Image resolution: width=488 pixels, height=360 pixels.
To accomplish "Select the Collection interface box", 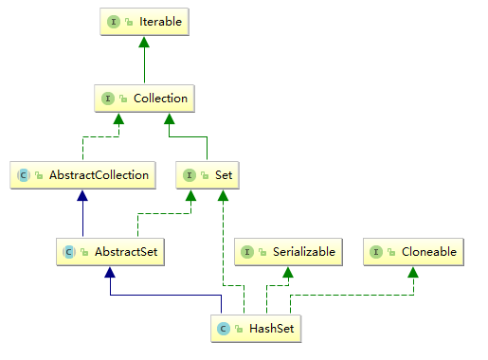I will coord(144,98).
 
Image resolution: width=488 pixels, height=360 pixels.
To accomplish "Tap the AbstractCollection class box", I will coord(83,174).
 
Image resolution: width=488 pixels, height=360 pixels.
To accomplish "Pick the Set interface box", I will coord(206,174).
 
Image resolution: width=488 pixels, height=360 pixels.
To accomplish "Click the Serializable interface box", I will coord(286,252).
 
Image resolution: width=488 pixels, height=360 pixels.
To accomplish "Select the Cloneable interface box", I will coord(414,252).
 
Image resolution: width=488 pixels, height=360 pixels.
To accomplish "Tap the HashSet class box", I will coord(256,329).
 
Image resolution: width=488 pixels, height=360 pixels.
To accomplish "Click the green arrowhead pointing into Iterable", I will coord(144,42).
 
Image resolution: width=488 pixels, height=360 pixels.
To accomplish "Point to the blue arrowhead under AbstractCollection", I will coord(83,194).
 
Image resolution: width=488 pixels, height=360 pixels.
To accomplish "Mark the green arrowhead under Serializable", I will coord(286,272).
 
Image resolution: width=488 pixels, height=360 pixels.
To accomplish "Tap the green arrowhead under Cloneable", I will coord(414,272).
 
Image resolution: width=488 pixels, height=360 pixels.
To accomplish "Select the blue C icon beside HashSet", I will coord(224,329).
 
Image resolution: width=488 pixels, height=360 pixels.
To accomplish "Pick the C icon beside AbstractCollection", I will coord(24,174).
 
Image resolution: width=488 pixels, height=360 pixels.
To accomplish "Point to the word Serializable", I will coord(297,252).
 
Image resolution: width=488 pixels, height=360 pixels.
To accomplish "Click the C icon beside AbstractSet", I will coord(68,252).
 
